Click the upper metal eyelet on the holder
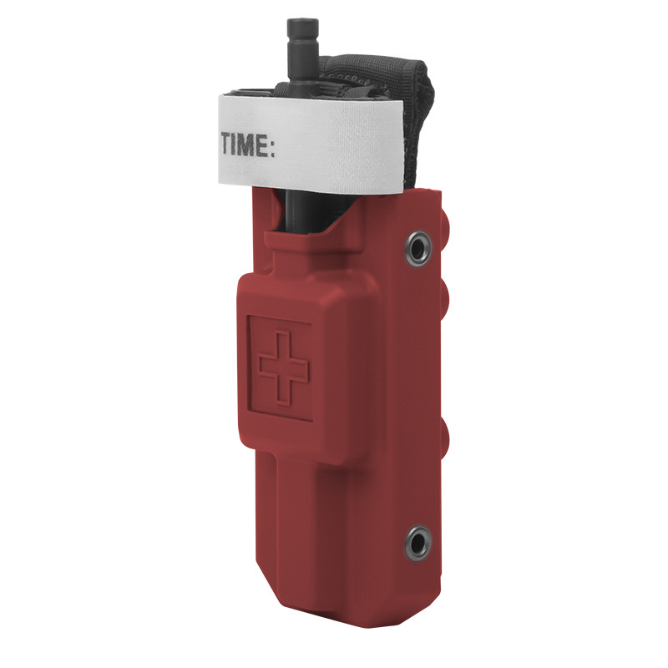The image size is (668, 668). pyautogui.click(x=417, y=248)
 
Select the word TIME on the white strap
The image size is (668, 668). pyautogui.click(x=243, y=144)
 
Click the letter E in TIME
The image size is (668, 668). pyautogui.click(x=261, y=144)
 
